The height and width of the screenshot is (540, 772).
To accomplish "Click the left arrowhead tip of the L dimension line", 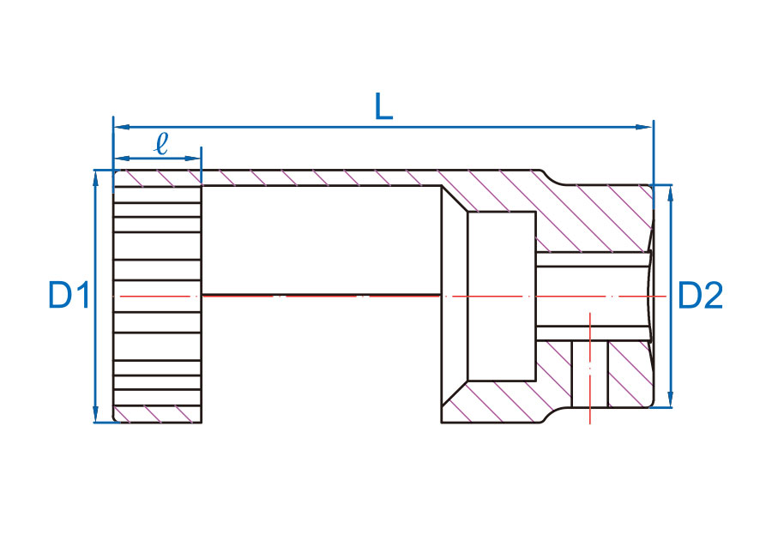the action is (114, 127).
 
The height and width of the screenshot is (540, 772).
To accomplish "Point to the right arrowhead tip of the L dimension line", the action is (653, 127).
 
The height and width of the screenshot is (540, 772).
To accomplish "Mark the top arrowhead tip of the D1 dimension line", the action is (96, 171).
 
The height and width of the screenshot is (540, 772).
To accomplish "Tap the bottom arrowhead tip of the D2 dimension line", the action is (670, 407).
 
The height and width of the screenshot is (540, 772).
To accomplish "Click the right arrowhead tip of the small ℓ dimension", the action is (201, 159).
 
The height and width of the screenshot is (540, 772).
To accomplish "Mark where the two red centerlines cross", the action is (590, 297).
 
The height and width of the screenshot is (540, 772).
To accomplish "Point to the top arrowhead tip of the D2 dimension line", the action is (670, 185).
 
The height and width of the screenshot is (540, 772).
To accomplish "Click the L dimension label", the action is (384, 106).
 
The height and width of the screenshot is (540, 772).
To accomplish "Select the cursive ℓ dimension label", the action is (161, 144).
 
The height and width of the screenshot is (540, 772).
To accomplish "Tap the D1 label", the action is (69, 295).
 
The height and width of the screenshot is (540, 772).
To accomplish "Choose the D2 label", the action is (700, 295).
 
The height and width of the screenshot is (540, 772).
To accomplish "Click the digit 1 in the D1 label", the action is (82, 295).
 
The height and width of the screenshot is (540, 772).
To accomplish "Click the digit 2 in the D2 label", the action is (714, 295).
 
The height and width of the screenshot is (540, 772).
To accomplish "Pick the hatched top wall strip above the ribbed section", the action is (158, 178).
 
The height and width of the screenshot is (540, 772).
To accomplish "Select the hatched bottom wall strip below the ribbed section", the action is (158, 414).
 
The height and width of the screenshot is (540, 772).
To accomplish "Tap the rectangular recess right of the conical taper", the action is (502, 296).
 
